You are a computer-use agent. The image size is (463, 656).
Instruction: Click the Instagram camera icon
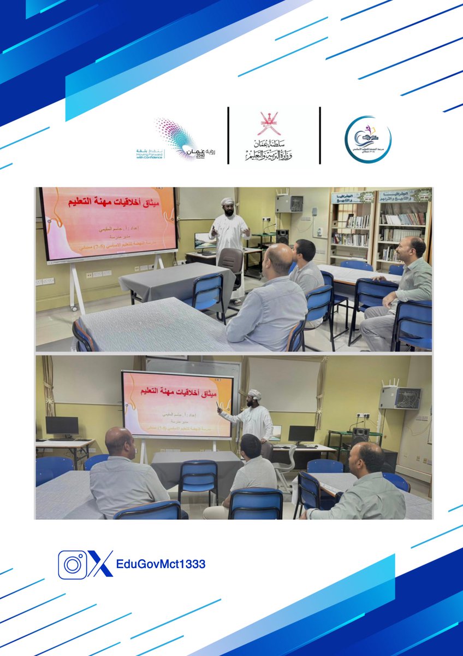point(72,565)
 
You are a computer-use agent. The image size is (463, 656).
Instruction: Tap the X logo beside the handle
point(100,564)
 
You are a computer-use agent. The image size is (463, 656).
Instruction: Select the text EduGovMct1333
point(161,564)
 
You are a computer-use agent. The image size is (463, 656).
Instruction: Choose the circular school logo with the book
point(368,139)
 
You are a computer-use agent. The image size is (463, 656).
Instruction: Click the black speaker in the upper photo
point(282,236)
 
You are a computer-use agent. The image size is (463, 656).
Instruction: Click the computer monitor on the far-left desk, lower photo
point(62,426)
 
